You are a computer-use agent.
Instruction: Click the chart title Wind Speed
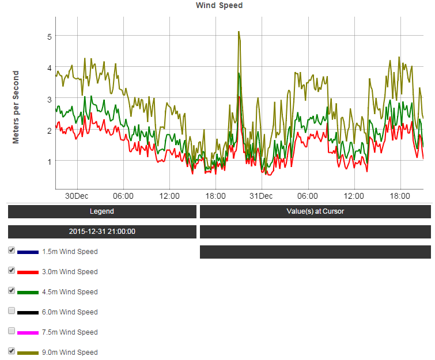pos(220,5)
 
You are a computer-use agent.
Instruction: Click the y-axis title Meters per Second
pos(16,107)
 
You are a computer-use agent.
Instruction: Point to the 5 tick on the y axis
pos(50,36)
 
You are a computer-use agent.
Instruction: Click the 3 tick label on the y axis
pos(50,99)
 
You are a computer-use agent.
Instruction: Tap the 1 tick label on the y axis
pos(50,161)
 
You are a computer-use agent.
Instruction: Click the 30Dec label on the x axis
pos(77,196)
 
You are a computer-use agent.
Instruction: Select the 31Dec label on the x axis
pos(261,196)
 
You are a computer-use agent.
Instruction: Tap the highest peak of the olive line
pos(239,32)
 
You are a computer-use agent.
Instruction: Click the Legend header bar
pos(102,211)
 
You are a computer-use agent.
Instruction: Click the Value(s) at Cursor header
pos(315,211)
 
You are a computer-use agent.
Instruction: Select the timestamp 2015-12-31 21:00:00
pos(102,232)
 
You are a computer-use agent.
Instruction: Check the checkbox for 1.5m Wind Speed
pos(12,251)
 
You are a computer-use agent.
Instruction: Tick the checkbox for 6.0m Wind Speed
pos(12,311)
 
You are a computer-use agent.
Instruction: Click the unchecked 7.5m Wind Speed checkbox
pos(12,331)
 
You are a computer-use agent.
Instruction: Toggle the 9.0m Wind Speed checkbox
pos(12,351)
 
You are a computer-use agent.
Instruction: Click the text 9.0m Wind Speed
pos(70,353)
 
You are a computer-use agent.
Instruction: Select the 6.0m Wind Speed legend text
pos(70,312)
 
